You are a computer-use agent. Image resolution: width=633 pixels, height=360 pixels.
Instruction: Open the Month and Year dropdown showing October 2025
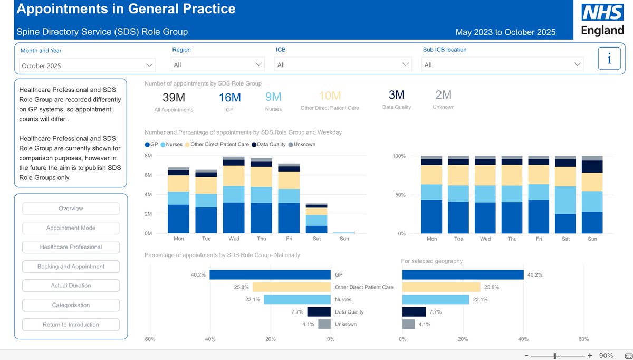point(87,65)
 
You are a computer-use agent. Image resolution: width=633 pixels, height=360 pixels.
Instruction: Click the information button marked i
point(609,59)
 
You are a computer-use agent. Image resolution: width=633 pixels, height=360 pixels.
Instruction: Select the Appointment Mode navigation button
point(71,228)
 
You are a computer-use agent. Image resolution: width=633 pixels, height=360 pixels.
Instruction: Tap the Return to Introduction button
point(71,325)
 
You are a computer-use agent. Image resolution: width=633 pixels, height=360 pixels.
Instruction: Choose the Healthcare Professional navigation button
point(71,247)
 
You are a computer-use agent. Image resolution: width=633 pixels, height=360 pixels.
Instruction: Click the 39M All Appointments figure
point(174,98)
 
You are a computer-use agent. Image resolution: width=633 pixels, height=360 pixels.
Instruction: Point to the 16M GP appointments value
point(229,98)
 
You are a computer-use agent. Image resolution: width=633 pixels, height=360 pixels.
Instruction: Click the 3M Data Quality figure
point(396,95)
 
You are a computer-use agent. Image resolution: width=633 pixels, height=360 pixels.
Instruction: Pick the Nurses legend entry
point(173,144)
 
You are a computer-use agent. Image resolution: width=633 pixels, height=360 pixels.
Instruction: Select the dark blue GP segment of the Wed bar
point(234,217)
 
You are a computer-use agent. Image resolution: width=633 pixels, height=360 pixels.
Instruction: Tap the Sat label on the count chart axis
point(316,239)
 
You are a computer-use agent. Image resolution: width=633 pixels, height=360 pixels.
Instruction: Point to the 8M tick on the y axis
point(148,156)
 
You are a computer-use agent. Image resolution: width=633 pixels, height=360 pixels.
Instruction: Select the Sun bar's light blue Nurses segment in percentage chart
point(592,201)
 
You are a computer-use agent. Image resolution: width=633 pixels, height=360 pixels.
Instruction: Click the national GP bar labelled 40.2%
point(270,275)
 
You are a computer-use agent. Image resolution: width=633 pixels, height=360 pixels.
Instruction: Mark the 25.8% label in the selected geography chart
point(491,288)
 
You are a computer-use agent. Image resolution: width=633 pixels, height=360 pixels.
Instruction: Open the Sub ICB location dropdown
point(503,64)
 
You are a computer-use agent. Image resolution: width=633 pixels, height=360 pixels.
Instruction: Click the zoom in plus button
point(590,356)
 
